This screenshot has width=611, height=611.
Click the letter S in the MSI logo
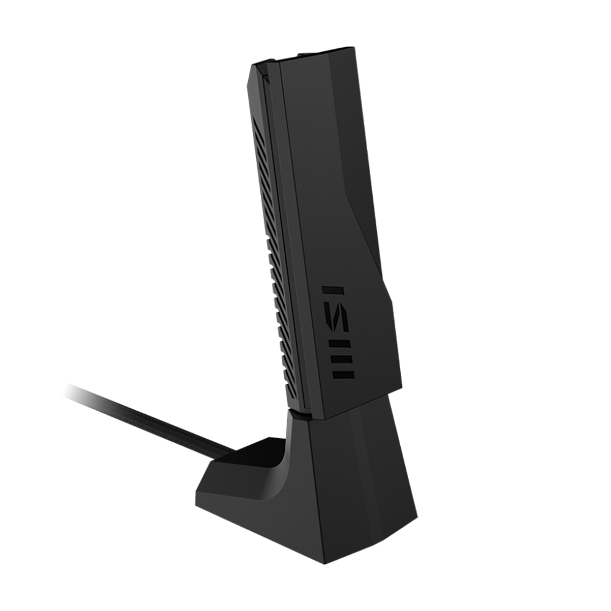point(335,325)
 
